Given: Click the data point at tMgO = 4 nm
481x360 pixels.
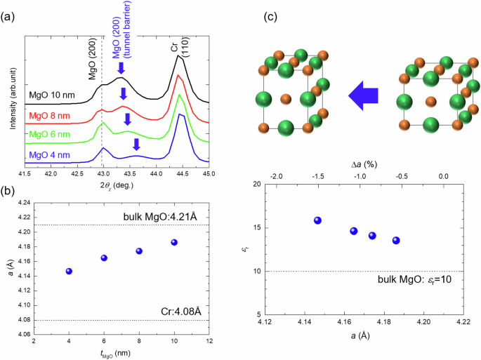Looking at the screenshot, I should click(69, 271).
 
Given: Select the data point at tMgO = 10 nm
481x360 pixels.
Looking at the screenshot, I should click(173, 242).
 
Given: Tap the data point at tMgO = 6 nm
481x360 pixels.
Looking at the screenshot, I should click(104, 258).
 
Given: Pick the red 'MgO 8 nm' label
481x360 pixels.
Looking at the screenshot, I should click(51, 115).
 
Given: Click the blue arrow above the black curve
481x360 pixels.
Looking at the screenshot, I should click(120, 69).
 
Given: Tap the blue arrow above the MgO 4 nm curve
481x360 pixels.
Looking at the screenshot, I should click(137, 145).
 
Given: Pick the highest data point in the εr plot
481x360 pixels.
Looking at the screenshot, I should click(317, 220).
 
